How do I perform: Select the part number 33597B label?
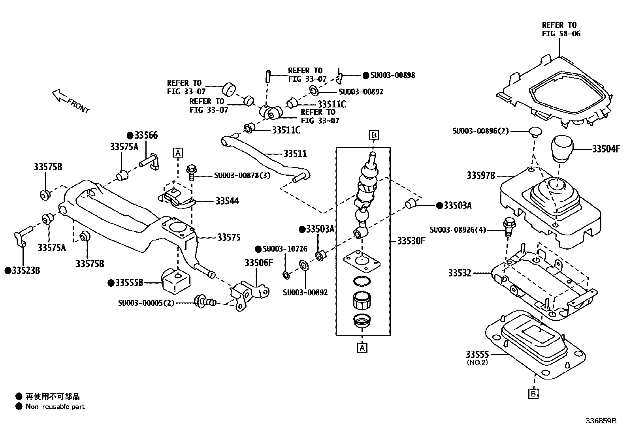480,175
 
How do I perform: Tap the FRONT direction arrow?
60,95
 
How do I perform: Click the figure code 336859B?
601,421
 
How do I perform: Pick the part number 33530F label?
411,240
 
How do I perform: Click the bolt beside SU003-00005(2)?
204,302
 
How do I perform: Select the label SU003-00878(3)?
242,175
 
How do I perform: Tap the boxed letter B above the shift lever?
374,135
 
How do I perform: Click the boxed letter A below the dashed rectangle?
362,348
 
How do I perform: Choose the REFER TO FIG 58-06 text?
561,29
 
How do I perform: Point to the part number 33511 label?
295,153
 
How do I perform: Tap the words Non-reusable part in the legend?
55,406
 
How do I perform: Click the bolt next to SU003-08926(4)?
509,228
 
